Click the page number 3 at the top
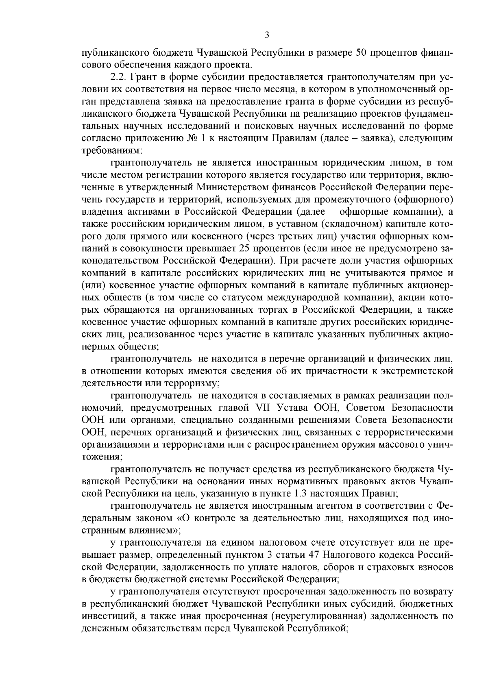tap(267, 35)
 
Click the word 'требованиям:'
tap(111, 150)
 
